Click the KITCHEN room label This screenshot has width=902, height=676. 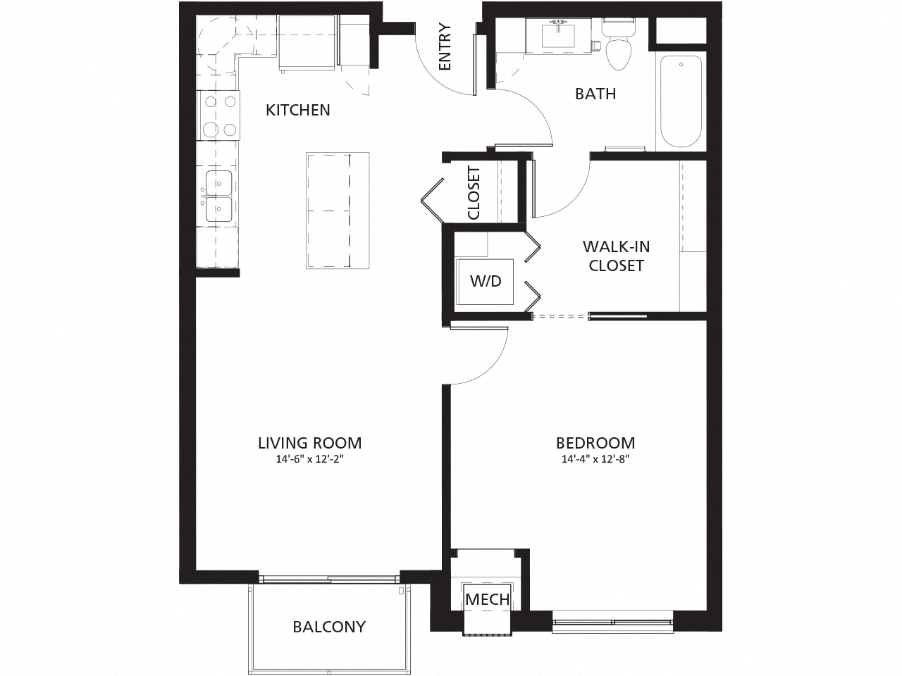pyautogui.click(x=297, y=110)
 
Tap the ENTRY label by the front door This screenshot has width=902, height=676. pyautogui.click(x=445, y=48)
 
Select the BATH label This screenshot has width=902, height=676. pyautogui.click(x=595, y=94)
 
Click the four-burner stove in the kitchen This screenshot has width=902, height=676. pyautogui.click(x=218, y=115)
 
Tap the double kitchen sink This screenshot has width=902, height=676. pyautogui.click(x=218, y=197)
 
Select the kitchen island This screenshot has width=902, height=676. pyautogui.click(x=338, y=210)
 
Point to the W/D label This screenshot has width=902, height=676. pyautogui.click(x=486, y=281)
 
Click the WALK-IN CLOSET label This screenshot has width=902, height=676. pyautogui.click(x=616, y=256)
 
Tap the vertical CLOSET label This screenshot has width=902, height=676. pyautogui.click(x=474, y=193)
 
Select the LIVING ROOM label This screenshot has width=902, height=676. pyautogui.click(x=309, y=443)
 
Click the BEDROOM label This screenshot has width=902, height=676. pyautogui.click(x=595, y=443)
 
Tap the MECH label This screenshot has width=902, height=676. pyautogui.click(x=487, y=599)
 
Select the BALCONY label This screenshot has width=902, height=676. pyautogui.click(x=329, y=626)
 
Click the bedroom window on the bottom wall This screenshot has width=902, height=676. pyautogui.click(x=612, y=622)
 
